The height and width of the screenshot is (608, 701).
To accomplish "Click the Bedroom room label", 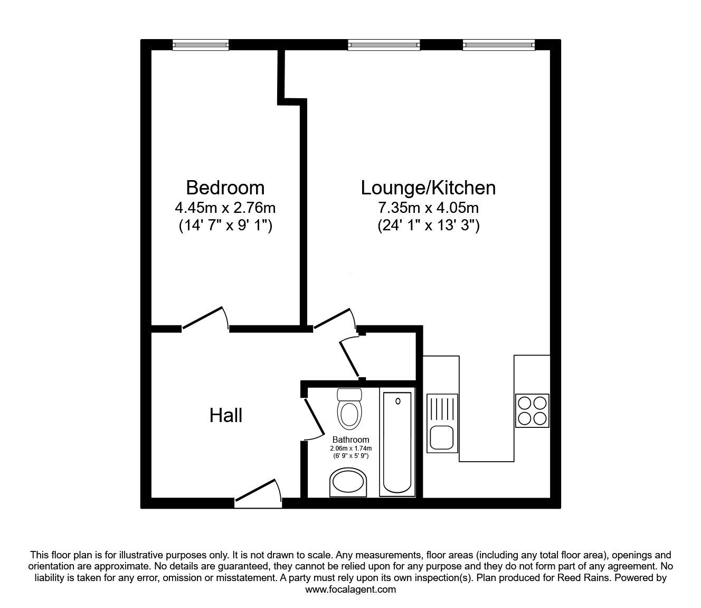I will [x=225, y=188].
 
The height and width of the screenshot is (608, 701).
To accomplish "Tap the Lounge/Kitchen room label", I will [x=428, y=188].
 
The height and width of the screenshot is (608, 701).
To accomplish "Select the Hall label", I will [x=226, y=415].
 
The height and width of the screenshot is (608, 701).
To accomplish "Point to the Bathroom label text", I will [x=350, y=439].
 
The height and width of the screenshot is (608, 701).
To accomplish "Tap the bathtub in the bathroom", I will [x=397, y=442].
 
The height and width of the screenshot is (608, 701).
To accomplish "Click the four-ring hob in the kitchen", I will [x=532, y=411].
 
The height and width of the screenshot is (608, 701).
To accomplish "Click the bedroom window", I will [x=201, y=46].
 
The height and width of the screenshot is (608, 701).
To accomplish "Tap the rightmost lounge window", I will [x=499, y=46].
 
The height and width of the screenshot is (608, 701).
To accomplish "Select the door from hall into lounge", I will [x=334, y=319].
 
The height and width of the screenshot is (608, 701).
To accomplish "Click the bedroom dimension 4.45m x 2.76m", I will [x=225, y=208].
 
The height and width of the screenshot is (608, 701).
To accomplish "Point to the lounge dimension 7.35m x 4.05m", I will [x=428, y=208].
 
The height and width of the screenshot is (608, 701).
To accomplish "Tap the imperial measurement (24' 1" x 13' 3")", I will [x=428, y=226].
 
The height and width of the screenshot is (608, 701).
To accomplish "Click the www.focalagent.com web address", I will [x=350, y=590].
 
